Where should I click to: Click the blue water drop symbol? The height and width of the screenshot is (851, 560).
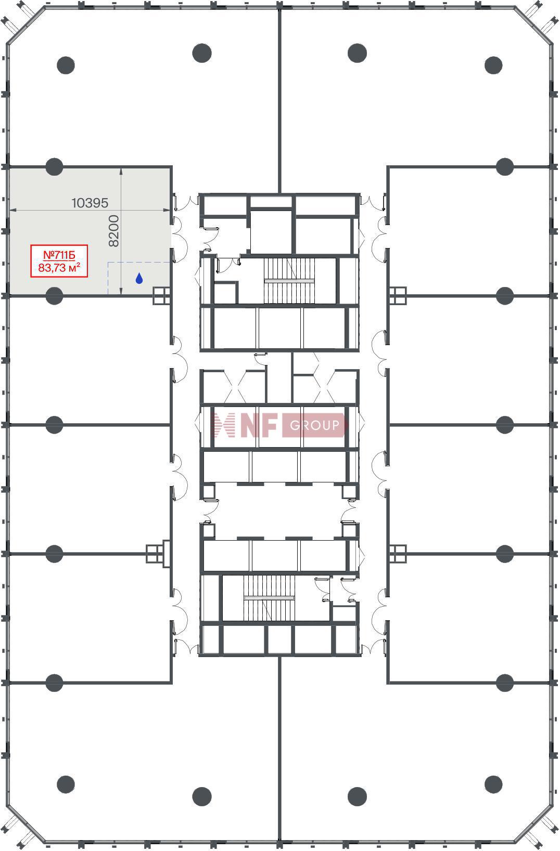pyautogui.click(x=139, y=279)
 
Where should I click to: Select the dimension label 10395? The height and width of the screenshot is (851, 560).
pyautogui.click(x=90, y=203)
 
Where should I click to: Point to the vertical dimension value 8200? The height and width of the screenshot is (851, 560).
pyautogui.click(x=114, y=231)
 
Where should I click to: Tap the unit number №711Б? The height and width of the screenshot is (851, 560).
pyautogui.click(x=59, y=255)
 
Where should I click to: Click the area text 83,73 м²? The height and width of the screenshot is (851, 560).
pyautogui.click(x=59, y=267)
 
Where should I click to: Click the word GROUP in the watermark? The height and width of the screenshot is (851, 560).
pyautogui.click(x=314, y=425)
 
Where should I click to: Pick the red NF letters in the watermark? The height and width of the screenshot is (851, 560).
pyautogui.click(x=258, y=425)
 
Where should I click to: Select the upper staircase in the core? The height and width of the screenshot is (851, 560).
pyautogui.click(x=289, y=281)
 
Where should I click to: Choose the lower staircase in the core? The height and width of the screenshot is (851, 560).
pyautogui.click(x=269, y=598)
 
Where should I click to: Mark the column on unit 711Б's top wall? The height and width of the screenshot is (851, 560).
pyautogui.click(x=54, y=167)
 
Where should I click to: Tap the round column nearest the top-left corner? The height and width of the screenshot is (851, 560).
pyautogui.click(x=66, y=66)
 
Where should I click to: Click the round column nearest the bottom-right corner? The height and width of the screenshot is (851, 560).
pyautogui.click(x=493, y=784)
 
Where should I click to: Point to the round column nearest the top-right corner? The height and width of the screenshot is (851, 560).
pyautogui.click(x=493, y=66)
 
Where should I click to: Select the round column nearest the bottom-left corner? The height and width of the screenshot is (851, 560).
pyautogui.click(x=66, y=784)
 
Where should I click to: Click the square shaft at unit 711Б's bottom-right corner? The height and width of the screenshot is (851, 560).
pyautogui.click(x=161, y=296)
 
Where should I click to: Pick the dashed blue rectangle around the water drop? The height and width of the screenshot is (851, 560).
pyautogui.click(x=108, y=278)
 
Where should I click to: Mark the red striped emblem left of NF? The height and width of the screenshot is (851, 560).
pyautogui.click(x=223, y=425)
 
